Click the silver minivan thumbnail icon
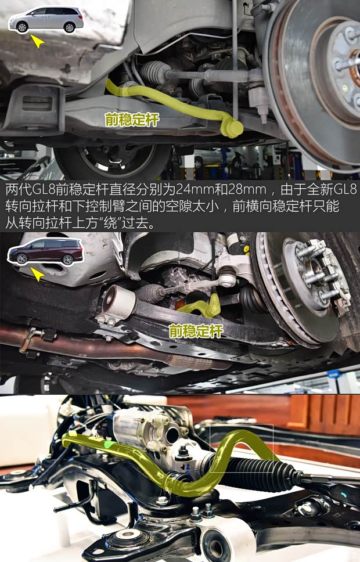46,20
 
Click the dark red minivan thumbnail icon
45,254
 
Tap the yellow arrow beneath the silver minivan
37,42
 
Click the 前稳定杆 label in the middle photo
196,331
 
